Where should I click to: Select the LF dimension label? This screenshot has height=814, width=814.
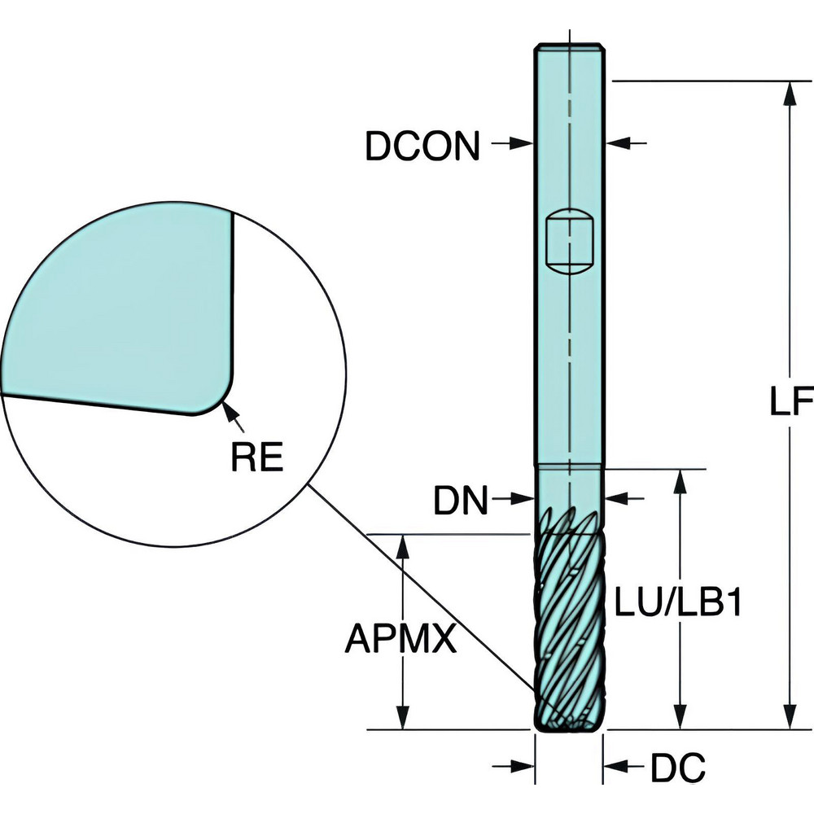tap(792, 401)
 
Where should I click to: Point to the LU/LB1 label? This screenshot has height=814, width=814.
tap(677, 606)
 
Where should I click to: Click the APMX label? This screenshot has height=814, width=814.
tap(399, 639)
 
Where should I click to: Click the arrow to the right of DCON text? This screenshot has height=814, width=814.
tap(519, 143)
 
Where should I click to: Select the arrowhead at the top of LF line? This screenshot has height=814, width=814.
tap(789, 92)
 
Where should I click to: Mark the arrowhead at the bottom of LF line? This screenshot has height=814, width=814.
tap(789, 719)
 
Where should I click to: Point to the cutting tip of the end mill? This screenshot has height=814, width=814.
tap(568, 722)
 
